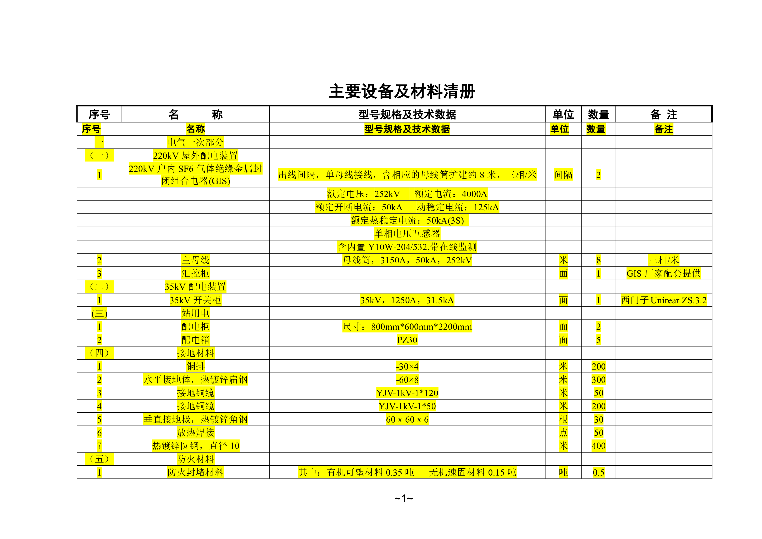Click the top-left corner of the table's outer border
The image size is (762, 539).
tap(77, 106)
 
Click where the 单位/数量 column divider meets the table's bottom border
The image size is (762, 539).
tap(581, 479)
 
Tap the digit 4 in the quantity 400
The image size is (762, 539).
tap(594, 446)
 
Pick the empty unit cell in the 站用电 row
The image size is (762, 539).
tap(563, 313)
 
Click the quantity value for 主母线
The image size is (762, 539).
tap(598, 260)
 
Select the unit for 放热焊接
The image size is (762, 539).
tap(563, 433)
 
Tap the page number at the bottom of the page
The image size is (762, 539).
tap(404, 499)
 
